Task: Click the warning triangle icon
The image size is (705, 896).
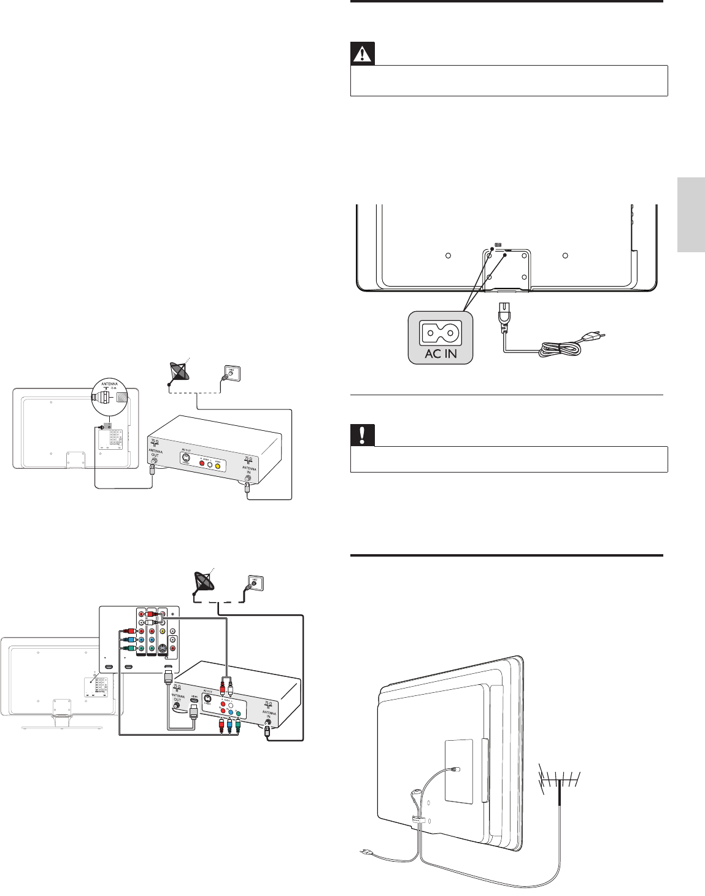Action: coord(362,55)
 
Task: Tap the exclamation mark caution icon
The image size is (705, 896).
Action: coord(362,436)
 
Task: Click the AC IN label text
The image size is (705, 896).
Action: coord(441,354)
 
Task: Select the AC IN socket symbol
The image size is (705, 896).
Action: coord(441,333)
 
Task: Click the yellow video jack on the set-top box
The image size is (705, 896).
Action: coord(217,465)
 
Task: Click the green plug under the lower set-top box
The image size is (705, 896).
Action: coord(237,725)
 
